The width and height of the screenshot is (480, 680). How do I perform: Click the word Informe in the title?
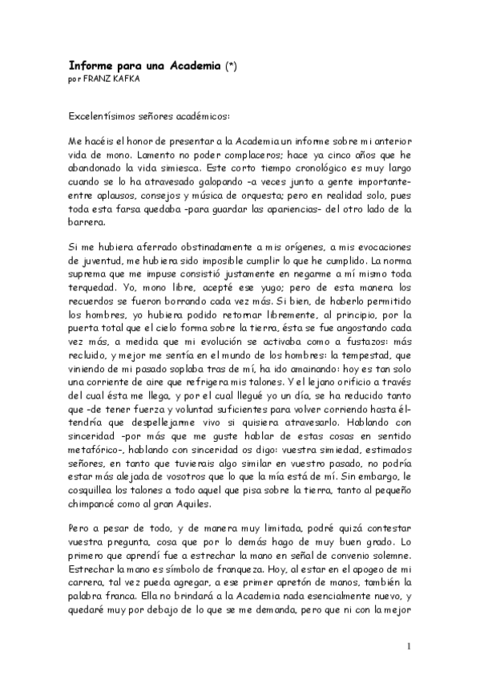tap(90, 67)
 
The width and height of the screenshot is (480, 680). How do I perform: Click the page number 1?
tap(409, 646)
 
